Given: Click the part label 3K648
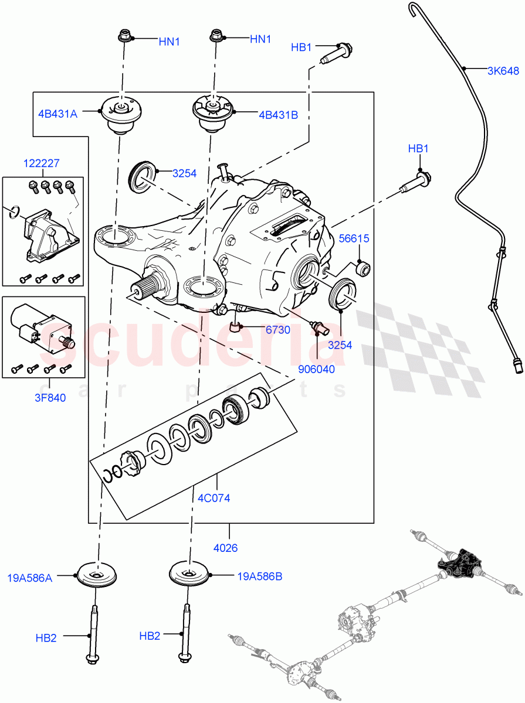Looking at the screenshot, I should (x=503, y=71).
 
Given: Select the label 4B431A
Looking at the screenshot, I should (x=57, y=114).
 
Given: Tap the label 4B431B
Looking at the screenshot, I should (x=278, y=115).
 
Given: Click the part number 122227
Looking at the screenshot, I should (x=42, y=164).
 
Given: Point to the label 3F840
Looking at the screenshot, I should (x=49, y=398).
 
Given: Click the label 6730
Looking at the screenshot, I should (x=277, y=330).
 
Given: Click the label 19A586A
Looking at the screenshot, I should (x=29, y=578).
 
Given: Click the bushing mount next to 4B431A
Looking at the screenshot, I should (x=122, y=116).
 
